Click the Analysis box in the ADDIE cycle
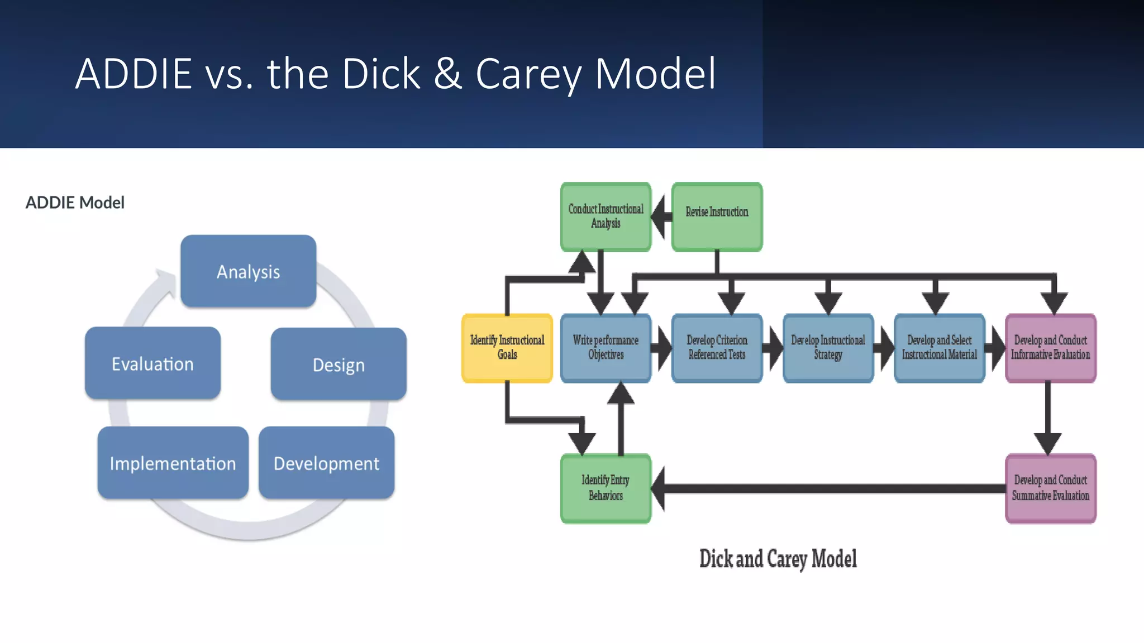click(248, 271)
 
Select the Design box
click(339, 364)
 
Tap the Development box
click(326, 463)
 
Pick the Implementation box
click(173, 463)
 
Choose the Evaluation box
click(152, 363)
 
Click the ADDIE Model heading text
click(75, 203)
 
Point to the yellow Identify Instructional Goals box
click(507, 348)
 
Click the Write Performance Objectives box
click(606, 348)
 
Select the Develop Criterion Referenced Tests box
click(717, 348)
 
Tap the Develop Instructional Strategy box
click(828, 348)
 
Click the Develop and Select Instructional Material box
click(939, 348)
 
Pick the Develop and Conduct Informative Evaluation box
click(1050, 348)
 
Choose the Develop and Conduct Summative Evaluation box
click(1050, 488)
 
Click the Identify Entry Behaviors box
click(606, 488)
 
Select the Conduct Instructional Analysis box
click(606, 217)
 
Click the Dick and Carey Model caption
click(778, 559)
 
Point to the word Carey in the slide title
click(528, 74)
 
